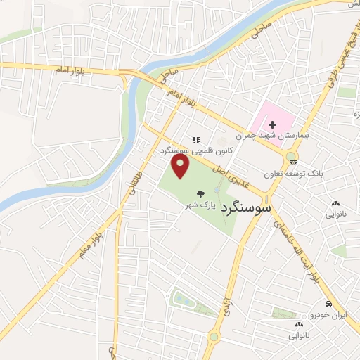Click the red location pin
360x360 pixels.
(181, 166)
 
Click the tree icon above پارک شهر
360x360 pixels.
(201, 193)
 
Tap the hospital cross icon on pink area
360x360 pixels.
(272, 124)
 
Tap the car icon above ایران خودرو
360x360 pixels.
(328, 304)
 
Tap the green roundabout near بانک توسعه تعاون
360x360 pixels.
(291, 155)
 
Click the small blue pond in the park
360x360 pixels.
(181, 300)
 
